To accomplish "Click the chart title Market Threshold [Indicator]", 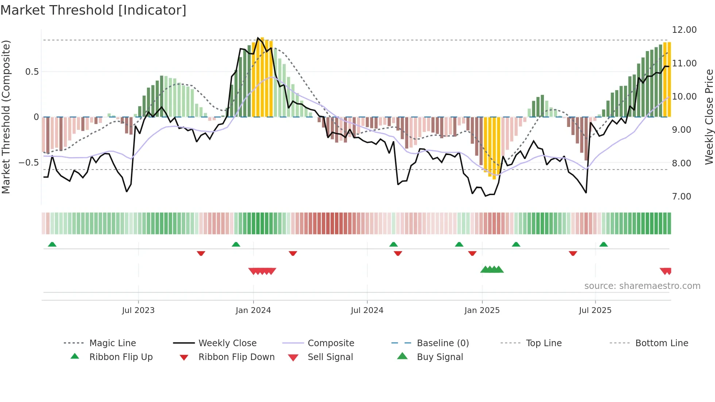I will point(93,10).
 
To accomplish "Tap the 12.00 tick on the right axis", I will point(684,30).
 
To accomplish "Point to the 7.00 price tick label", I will point(681,197).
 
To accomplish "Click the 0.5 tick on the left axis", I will point(32,72).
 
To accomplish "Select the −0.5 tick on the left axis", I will point(29,163).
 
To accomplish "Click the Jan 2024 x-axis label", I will point(253,310).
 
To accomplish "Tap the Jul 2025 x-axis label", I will point(595,310).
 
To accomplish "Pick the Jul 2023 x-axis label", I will point(138,310).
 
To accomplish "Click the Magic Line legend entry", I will point(112,343).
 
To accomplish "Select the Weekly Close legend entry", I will point(227,343).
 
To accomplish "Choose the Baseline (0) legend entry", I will point(442,343).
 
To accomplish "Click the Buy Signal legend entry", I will point(440,357).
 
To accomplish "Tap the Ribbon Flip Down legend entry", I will point(236,357).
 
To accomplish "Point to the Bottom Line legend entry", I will point(661,343).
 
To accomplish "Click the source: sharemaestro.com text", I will point(642,286).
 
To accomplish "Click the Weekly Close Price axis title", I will point(709,117).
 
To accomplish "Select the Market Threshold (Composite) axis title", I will point(6,117).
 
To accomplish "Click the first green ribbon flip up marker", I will point(52,244).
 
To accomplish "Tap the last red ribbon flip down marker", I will point(573,253).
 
